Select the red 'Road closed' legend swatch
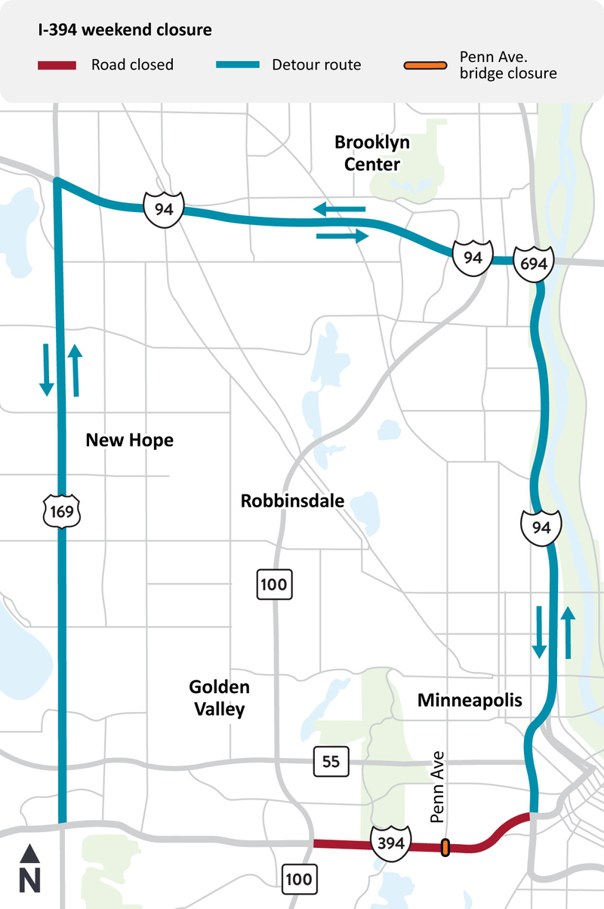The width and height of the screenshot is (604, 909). (x=57, y=65)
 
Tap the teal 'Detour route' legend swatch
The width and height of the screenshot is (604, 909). (x=237, y=65)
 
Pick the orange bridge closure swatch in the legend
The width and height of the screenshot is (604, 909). (x=424, y=65)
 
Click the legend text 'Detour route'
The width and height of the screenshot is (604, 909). (x=316, y=65)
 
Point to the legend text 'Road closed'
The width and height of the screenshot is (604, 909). (x=132, y=65)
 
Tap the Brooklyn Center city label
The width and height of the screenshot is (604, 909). (x=367, y=153)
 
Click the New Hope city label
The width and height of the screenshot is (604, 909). (x=129, y=439)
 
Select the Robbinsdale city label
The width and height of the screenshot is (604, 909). (x=292, y=500)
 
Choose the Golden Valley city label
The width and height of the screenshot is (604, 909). (x=219, y=698)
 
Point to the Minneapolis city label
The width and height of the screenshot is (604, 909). (x=470, y=700)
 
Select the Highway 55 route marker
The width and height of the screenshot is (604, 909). (x=331, y=762)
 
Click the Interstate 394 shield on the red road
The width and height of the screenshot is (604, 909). (x=390, y=840)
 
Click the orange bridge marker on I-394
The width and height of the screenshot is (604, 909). (x=445, y=848)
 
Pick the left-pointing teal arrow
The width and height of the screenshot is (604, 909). (x=340, y=209)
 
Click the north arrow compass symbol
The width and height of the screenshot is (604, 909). (x=30, y=869)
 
